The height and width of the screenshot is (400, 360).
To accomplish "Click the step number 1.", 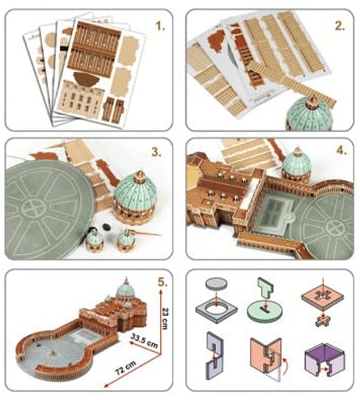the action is [160, 26].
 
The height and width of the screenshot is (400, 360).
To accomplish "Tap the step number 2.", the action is [340, 26].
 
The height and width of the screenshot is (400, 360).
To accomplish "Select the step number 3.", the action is [157, 152].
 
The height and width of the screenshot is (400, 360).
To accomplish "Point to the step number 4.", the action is [341, 151].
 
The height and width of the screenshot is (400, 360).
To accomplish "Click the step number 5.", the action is [163, 283].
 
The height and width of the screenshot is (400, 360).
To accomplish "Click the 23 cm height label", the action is [165, 319].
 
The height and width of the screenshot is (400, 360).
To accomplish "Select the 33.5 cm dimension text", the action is [144, 341].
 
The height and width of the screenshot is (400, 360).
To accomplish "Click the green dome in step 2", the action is [310, 115].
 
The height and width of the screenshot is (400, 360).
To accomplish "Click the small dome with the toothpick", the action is [126, 239].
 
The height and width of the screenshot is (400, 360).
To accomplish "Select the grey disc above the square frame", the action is [217, 284].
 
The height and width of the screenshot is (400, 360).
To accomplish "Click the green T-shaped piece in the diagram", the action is [265, 288].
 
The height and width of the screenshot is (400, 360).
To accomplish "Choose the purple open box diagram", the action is [325, 360].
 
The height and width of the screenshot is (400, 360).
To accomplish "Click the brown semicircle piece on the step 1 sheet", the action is [84, 79].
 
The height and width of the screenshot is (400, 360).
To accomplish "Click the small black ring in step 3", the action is [105, 227].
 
